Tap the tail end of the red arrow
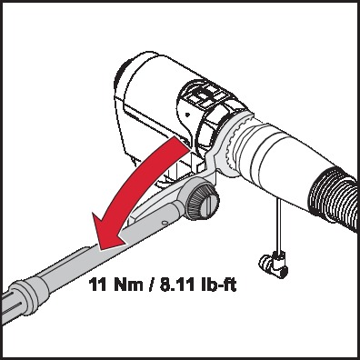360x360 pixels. point(182,143)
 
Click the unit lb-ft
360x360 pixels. point(218,285)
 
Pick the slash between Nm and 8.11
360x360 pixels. point(150,285)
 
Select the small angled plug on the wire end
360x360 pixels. point(273,262)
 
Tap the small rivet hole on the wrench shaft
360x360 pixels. point(164,223)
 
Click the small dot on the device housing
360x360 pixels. point(188,115)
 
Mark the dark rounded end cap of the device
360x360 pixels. point(121,80)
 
